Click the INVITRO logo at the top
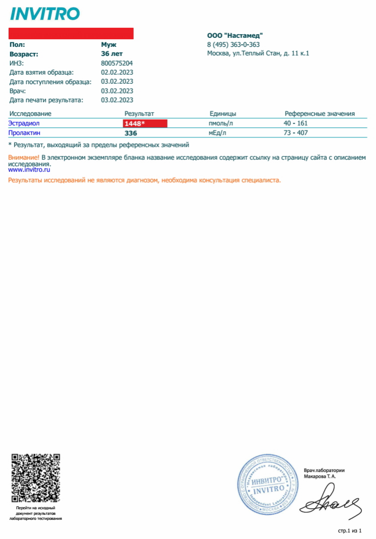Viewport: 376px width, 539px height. pos(45,14)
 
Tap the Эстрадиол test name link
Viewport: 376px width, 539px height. pos(24,123)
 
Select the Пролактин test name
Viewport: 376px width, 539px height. pos(24,133)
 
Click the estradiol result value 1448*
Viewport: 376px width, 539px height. pos(135,123)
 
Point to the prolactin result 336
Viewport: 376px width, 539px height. pos(131,133)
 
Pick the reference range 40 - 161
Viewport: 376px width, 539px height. pos(296,123)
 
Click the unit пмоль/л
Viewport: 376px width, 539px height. pos(221,123)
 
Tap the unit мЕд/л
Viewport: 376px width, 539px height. pos(218,133)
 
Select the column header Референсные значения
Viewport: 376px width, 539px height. pos(319,114)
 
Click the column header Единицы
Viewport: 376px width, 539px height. pos(223,114)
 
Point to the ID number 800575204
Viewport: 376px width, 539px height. pos(117,63)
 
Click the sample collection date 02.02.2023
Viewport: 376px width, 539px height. pos(117,73)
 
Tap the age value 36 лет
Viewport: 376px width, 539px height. pos(112,53)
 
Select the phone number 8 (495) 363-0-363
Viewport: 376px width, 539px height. pos(233,44)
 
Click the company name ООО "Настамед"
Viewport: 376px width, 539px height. pos(235,35)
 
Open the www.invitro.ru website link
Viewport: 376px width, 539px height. pos(29,170)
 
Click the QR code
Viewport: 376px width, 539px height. pos(35,478)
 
